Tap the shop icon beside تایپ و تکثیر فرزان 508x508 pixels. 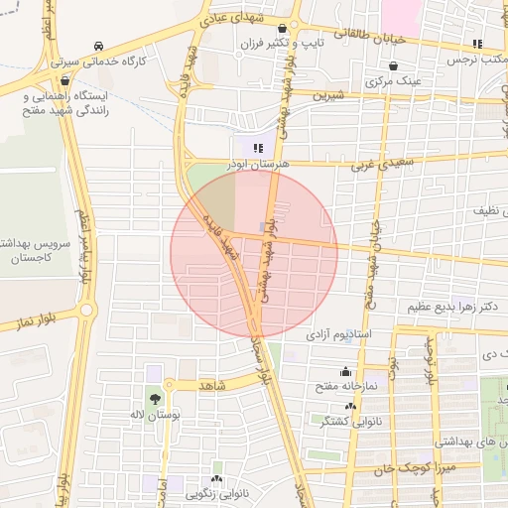(286, 29)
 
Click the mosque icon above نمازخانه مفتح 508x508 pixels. (346, 371)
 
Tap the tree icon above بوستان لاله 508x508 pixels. (156, 399)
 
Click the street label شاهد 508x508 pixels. (213, 383)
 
